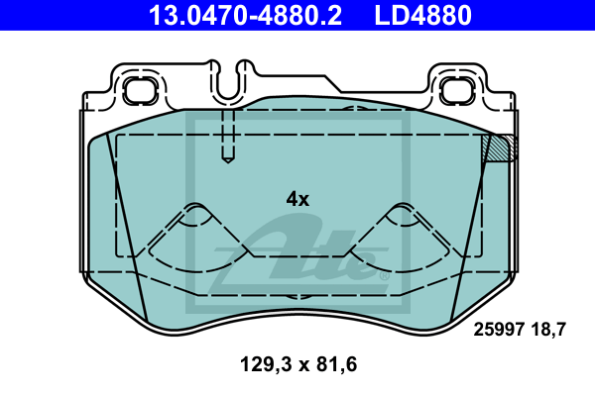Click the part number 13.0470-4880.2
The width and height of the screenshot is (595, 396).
click(245, 15)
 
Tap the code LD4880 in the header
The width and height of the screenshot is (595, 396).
click(423, 15)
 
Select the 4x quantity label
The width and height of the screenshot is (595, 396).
click(297, 199)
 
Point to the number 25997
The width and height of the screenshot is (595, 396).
click(499, 330)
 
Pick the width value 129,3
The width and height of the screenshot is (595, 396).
click(266, 364)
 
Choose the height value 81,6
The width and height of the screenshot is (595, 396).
click(336, 364)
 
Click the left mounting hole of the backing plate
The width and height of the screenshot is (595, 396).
click(140, 90)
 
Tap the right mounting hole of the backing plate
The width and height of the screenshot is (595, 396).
click(456, 90)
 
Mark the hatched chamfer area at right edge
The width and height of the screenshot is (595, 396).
click(500, 148)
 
